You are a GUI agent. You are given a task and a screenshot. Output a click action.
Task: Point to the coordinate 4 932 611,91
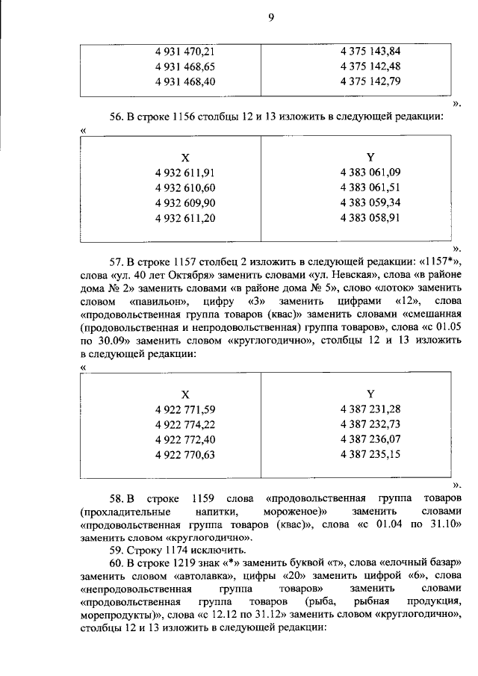[x=185, y=173]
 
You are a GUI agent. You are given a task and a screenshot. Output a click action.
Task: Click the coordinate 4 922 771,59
[x=185, y=409]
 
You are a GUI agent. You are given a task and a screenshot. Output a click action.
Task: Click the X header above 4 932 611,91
[x=185, y=158]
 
